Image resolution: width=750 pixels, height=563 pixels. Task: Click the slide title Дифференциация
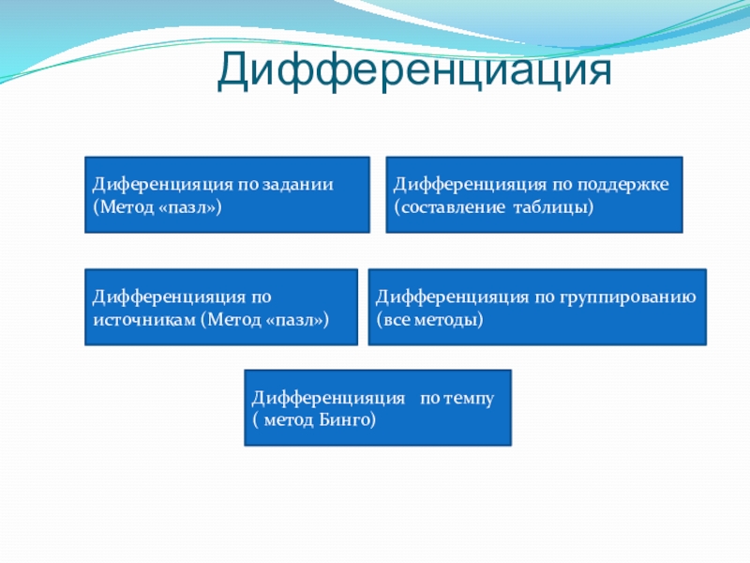point(414,71)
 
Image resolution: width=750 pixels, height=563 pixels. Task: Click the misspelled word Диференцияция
point(160,185)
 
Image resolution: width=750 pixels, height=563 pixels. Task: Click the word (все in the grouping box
point(393,320)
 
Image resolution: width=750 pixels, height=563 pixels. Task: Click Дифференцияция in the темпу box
point(329,398)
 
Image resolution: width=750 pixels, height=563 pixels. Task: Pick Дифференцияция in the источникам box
point(169,297)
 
